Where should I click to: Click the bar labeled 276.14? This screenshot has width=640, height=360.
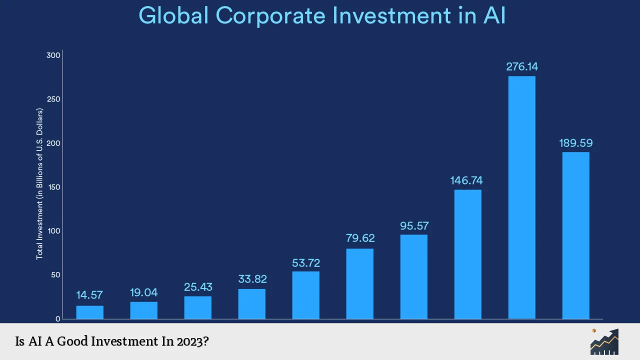521,197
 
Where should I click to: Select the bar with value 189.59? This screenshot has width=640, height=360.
575,235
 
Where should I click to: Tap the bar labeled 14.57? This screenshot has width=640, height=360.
90,312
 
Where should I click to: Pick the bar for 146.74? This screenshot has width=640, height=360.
467,254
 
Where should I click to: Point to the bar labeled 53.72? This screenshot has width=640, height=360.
305,295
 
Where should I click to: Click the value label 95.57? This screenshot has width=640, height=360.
414,226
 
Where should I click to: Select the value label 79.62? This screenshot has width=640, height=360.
360,238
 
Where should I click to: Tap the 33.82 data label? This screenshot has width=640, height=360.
252,279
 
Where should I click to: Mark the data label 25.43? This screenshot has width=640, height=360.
198,287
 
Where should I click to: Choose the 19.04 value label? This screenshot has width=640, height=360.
144,293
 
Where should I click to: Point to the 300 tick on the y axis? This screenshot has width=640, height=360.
53,55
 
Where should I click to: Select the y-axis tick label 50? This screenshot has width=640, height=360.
55,275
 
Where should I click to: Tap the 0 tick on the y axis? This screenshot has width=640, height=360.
57,319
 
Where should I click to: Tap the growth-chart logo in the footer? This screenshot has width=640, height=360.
604,342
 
